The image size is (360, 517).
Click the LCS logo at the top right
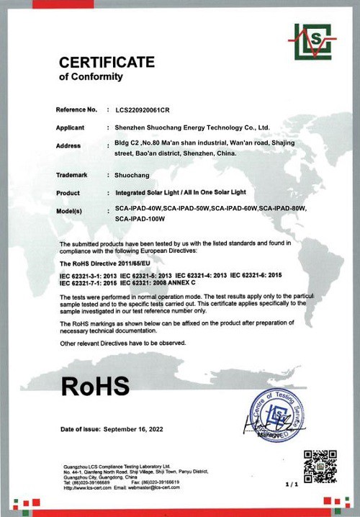(315, 42)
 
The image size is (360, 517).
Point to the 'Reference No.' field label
(76, 109)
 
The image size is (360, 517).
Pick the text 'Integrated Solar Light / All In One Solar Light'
(189, 193)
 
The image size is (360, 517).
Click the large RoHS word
(96, 385)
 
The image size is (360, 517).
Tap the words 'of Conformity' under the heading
(91, 76)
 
